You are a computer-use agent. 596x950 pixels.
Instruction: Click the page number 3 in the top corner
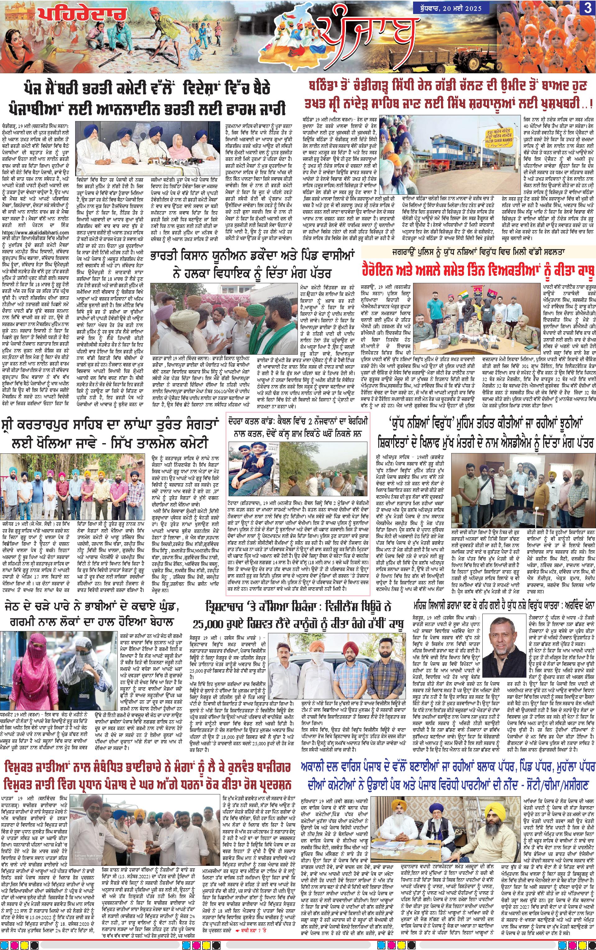pos(587,8)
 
